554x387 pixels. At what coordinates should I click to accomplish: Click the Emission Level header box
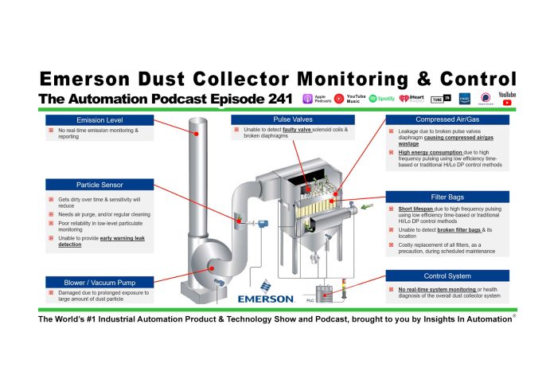87,119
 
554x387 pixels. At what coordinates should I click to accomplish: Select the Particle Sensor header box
87,185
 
